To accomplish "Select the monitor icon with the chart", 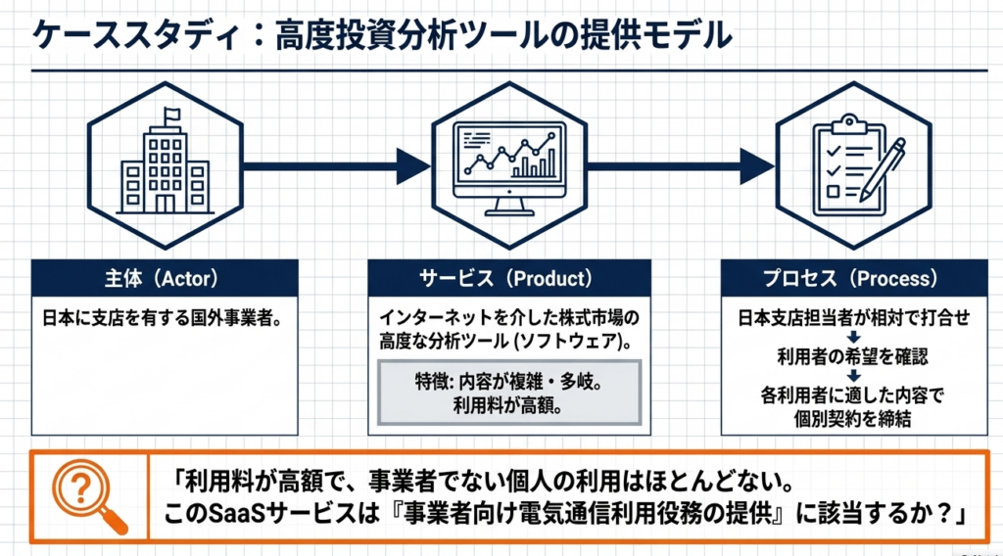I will [x=508, y=165].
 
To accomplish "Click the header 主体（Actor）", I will [x=165, y=279].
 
